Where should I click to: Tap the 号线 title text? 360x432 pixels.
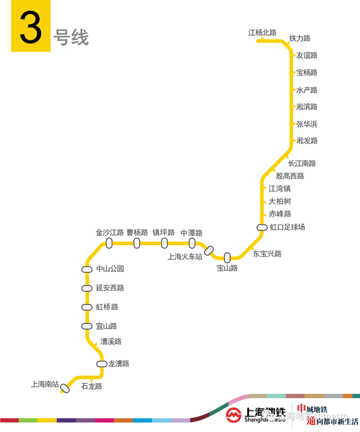click(x=71, y=38)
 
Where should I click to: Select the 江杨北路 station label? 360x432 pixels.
click(x=262, y=33)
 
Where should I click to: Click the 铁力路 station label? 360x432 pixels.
click(x=300, y=39)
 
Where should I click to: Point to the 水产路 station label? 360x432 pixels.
click(x=307, y=90)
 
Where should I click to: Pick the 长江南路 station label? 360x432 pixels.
click(x=302, y=164)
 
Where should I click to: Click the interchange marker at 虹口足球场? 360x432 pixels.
click(x=262, y=227)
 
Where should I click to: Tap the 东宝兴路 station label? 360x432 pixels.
click(x=267, y=254)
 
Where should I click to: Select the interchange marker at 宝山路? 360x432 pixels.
click(x=227, y=257)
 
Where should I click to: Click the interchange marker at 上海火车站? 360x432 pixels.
click(x=209, y=250)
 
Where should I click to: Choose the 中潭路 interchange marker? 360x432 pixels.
click(x=192, y=243)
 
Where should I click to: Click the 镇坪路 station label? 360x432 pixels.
click(x=164, y=232)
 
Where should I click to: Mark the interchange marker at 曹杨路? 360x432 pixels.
click(x=137, y=243)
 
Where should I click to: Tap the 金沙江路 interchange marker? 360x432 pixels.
click(x=109, y=243)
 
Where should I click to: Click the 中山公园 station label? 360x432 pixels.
click(x=110, y=269)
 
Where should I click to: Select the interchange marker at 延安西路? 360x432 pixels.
click(x=87, y=288)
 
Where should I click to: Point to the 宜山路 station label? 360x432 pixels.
click(x=106, y=326)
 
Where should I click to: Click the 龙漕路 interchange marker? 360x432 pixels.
click(x=102, y=364)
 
